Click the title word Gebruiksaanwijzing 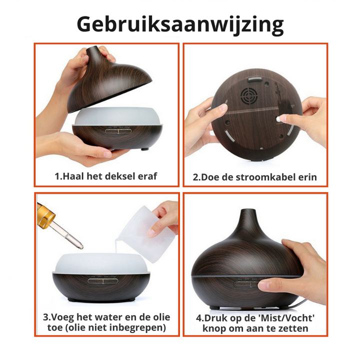pyautogui.click(x=180, y=23)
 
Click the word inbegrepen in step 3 pyautogui.click(x=139, y=328)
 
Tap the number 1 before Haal pyautogui.click(x=57, y=176)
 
